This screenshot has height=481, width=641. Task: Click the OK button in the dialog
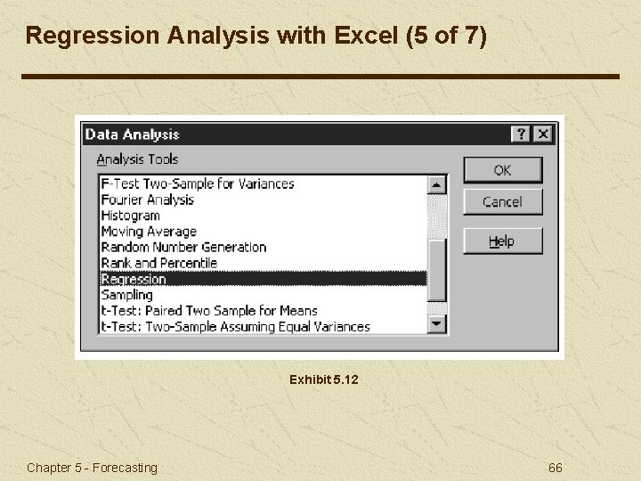502,170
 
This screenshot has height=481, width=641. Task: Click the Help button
502,241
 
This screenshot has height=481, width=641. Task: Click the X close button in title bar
542,135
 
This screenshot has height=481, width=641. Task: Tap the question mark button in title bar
521,135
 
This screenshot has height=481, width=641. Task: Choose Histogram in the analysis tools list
131,216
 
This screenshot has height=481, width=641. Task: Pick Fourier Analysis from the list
147,200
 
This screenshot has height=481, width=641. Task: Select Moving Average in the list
149,232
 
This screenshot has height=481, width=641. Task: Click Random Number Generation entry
183,248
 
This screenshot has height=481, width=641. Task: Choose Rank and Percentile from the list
158,263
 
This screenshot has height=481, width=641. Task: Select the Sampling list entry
127,295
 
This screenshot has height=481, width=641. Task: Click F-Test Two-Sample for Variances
197,184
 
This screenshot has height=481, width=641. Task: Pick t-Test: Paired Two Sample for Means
209,311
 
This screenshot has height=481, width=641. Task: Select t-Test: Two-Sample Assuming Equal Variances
235,327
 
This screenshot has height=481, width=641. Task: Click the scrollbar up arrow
437,184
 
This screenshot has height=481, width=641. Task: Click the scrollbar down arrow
437,325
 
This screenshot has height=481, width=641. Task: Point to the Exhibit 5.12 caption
323,379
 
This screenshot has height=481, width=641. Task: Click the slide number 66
556,468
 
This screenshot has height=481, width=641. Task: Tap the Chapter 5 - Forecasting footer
92,468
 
